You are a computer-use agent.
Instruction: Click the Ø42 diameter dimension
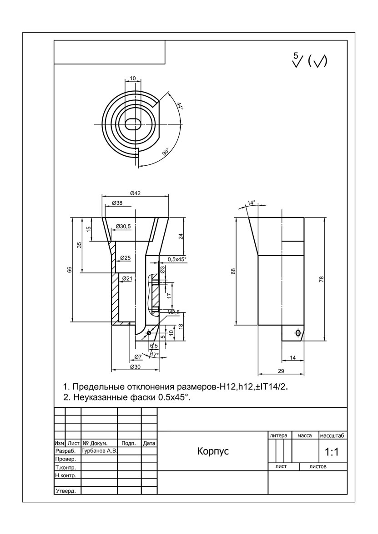click(135, 193)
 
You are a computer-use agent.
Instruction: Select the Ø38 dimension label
click(117, 203)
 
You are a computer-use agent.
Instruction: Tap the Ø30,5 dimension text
click(123, 226)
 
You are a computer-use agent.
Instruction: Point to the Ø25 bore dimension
click(126, 258)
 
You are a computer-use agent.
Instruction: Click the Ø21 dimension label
click(127, 278)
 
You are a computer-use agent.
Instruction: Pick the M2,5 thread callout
click(173, 312)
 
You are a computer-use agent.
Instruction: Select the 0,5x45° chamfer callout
click(177, 259)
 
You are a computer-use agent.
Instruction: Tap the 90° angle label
click(166, 153)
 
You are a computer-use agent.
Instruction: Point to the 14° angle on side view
click(251, 203)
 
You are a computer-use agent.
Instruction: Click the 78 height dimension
click(321, 279)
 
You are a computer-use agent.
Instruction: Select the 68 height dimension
click(233, 272)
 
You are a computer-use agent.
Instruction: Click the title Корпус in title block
click(212, 452)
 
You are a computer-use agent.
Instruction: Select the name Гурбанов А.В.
click(100, 451)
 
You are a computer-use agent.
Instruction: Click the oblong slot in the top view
click(133, 124)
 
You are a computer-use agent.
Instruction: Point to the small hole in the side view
click(298, 333)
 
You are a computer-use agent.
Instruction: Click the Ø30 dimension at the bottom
click(135, 366)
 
